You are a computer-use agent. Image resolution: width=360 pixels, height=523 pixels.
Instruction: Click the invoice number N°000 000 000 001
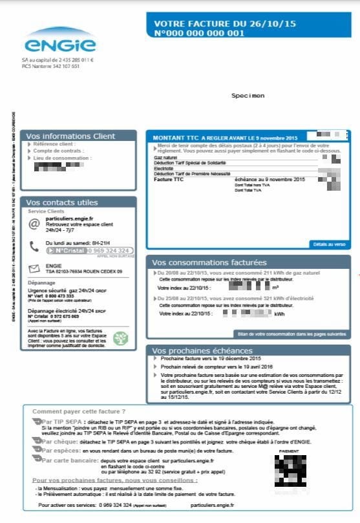pyautogui.click(x=199, y=33)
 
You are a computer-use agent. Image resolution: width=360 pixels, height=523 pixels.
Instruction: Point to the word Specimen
pyautogui.click(x=248, y=96)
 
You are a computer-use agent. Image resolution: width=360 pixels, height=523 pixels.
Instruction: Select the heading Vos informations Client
pyautogui.click(x=70, y=136)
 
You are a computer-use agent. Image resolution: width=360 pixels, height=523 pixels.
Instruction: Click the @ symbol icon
pyautogui.click(x=34, y=224)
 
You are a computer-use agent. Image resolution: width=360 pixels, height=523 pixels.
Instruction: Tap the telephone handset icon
pyautogui.click(x=34, y=246)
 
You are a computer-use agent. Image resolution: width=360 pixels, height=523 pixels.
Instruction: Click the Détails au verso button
pyautogui.click(x=330, y=244)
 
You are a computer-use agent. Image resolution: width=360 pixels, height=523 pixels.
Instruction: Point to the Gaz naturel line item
pyautogui.click(x=165, y=157)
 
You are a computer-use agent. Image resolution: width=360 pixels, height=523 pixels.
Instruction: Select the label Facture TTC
pyautogui.click(x=169, y=178)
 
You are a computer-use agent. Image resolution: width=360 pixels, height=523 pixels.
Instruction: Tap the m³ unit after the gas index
pyautogui.click(x=275, y=287)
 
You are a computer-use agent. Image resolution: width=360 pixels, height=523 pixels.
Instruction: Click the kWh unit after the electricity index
pyautogui.click(x=279, y=314)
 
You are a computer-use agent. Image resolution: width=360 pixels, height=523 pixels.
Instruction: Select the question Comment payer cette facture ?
pyautogui.click(x=79, y=411)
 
